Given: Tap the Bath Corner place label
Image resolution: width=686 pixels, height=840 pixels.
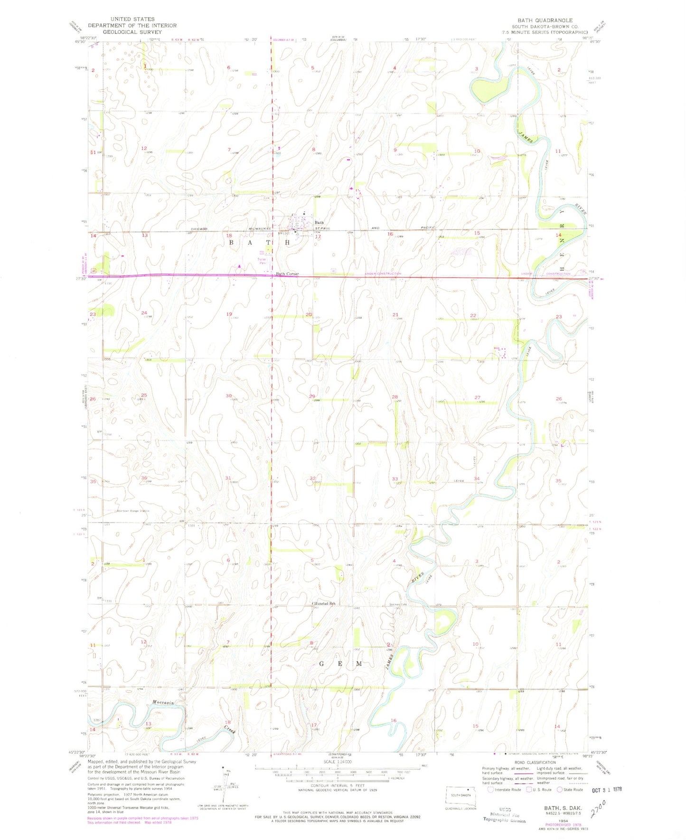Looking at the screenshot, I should (x=287, y=274).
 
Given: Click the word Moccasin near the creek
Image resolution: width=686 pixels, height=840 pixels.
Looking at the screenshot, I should (x=163, y=702).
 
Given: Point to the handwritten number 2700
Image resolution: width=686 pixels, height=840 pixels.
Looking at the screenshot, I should (x=599, y=808).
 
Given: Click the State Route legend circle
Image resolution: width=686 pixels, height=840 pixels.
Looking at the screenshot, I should (x=560, y=790).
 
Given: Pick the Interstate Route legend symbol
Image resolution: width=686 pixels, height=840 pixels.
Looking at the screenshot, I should (x=491, y=790).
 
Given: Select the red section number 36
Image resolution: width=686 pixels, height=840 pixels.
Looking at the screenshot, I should (x=144, y=478).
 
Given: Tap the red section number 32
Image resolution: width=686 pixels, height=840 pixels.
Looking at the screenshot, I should (x=313, y=478).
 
